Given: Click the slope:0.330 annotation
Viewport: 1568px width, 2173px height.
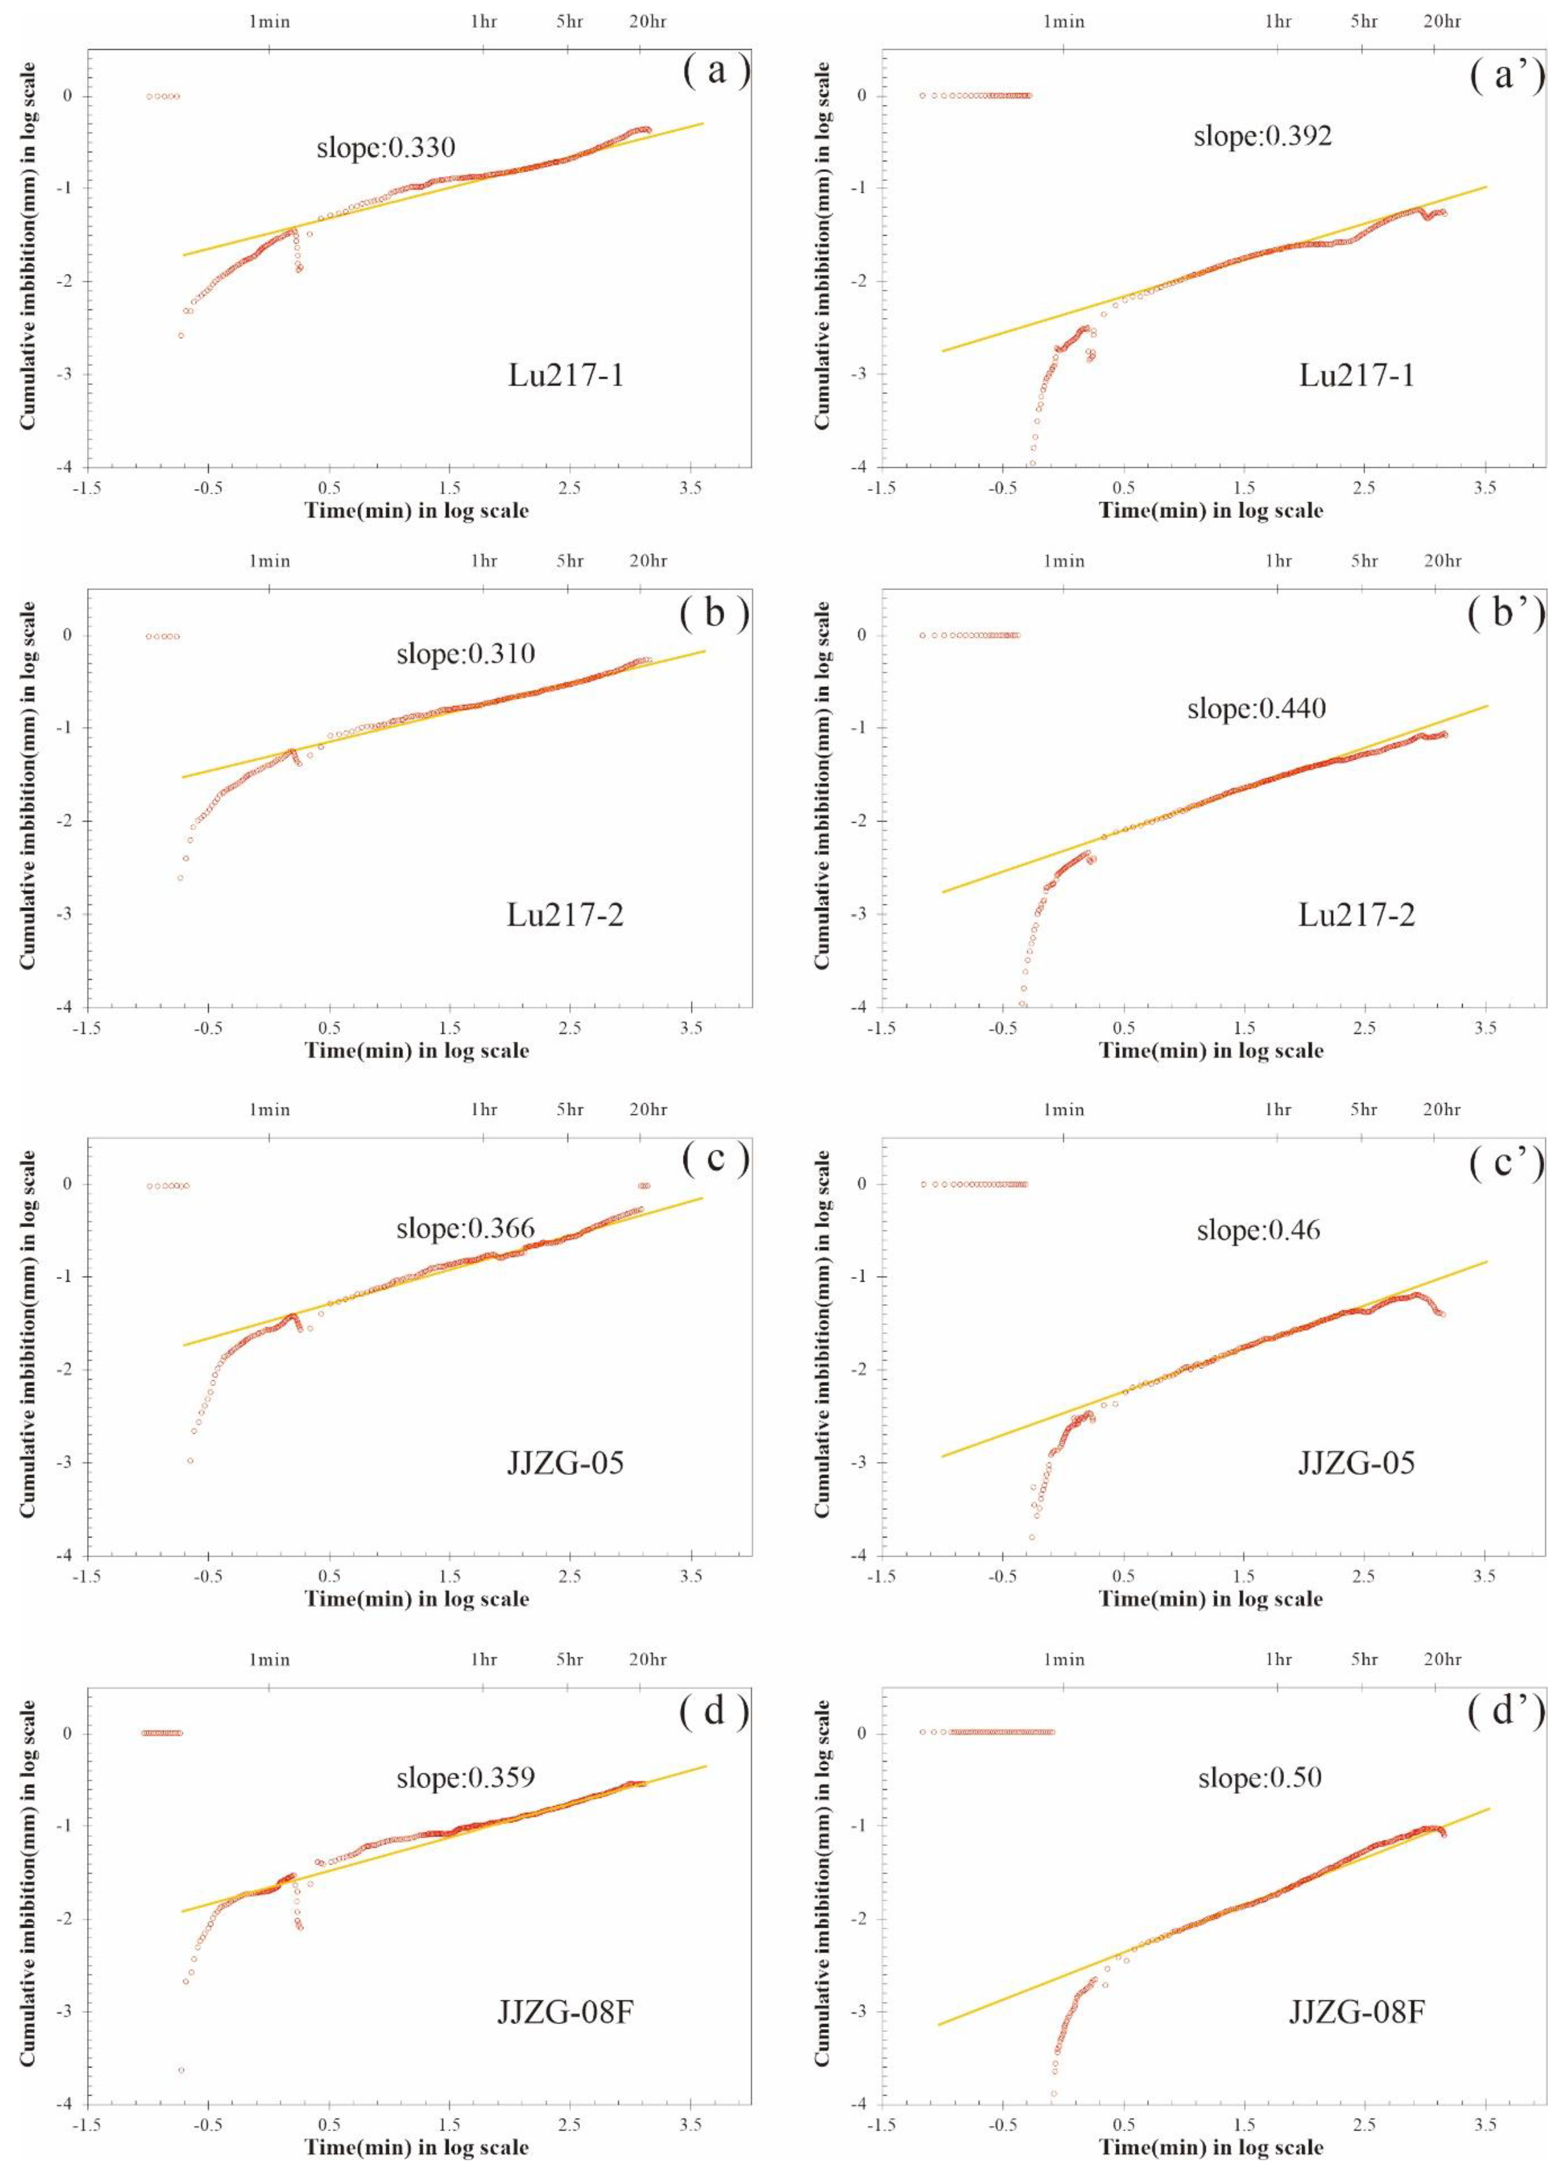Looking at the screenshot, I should [386, 148].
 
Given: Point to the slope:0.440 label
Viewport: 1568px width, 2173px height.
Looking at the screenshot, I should [1257, 709].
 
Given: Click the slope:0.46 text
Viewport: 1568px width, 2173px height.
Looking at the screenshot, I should [1258, 1230].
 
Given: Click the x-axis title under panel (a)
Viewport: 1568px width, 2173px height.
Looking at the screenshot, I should [417, 511].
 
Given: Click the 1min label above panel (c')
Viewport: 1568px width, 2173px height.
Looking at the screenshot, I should [1063, 1109].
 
